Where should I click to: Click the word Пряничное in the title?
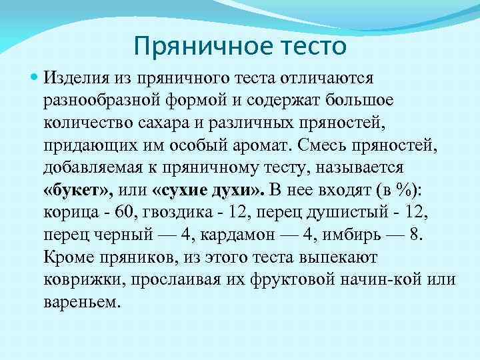pyautogui.click(x=187, y=47)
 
